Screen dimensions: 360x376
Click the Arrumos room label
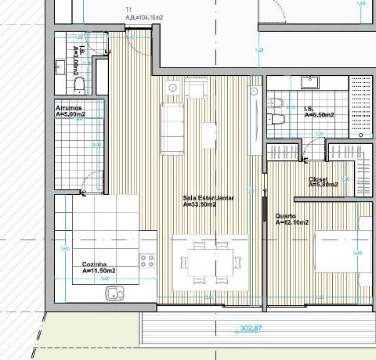coord(70,107)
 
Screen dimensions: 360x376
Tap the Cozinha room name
coord(94,265)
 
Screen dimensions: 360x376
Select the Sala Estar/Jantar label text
coord(208,198)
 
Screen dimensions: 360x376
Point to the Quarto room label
coord(286,216)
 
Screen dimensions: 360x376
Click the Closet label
coord(317,178)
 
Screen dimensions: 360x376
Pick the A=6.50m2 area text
coord(319,115)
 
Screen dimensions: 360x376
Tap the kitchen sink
coord(114,293)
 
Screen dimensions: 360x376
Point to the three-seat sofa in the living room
coord(171,128)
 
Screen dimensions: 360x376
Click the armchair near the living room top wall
coord(194,91)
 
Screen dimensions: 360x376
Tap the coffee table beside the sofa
coord(208,135)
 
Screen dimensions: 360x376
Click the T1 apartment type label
coord(128,9)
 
